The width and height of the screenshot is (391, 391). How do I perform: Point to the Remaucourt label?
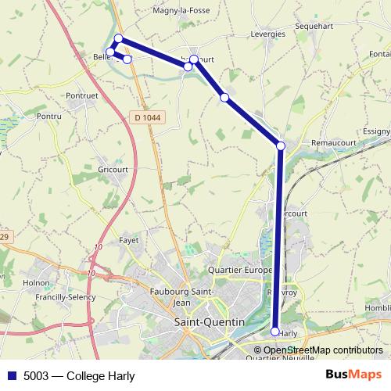(333, 144)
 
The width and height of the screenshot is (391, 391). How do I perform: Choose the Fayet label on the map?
(128, 242)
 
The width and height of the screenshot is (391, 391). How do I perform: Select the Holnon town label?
(36, 284)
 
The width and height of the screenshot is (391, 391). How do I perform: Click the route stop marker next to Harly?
(274, 332)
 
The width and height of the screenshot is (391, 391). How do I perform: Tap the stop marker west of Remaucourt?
(281, 145)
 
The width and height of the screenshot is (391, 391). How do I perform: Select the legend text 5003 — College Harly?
(79, 375)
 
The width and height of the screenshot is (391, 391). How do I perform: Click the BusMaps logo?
(353, 375)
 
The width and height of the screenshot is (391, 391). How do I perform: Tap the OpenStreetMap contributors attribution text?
(323, 350)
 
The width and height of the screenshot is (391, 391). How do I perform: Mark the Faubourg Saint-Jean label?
(179, 298)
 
